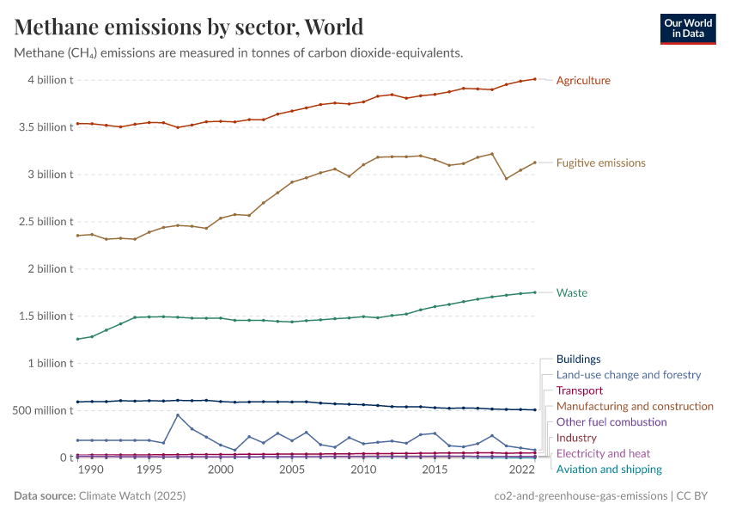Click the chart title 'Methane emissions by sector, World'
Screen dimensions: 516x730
click(189, 27)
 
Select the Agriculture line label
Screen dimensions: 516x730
click(583, 81)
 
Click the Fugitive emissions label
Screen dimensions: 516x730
click(600, 163)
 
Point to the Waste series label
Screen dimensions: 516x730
click(571, 293)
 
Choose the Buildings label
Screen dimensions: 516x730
click(578, 359)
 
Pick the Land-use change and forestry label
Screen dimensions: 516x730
click(628, 375)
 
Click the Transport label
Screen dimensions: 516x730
click(580, 390)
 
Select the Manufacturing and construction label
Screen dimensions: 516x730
click(635, 406)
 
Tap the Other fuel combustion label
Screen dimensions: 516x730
click(611, 422)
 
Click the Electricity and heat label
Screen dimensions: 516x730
click(603, 453)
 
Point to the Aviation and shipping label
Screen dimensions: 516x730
click(609, 470)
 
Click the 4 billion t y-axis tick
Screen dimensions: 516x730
click(51, 80)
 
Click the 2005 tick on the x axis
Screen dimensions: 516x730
click(292, 470)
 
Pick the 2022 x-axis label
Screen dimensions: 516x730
click(522, 470)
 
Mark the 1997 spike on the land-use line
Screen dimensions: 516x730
click(178, 415)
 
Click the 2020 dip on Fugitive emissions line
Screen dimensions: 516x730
click(507, 179)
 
